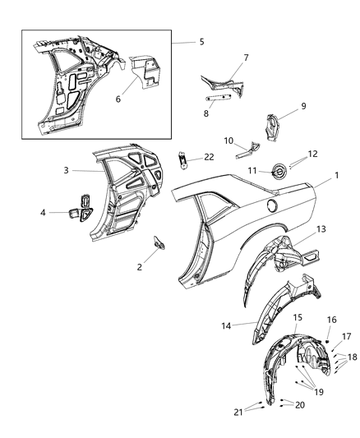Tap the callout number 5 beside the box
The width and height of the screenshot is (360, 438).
tap(201, 41)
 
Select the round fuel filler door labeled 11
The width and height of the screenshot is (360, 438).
tap(276, 170)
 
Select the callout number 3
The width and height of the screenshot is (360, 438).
tap(71, 170)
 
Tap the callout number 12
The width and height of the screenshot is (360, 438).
tap(312, 154)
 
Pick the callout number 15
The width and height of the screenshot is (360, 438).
tap(297, 317)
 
